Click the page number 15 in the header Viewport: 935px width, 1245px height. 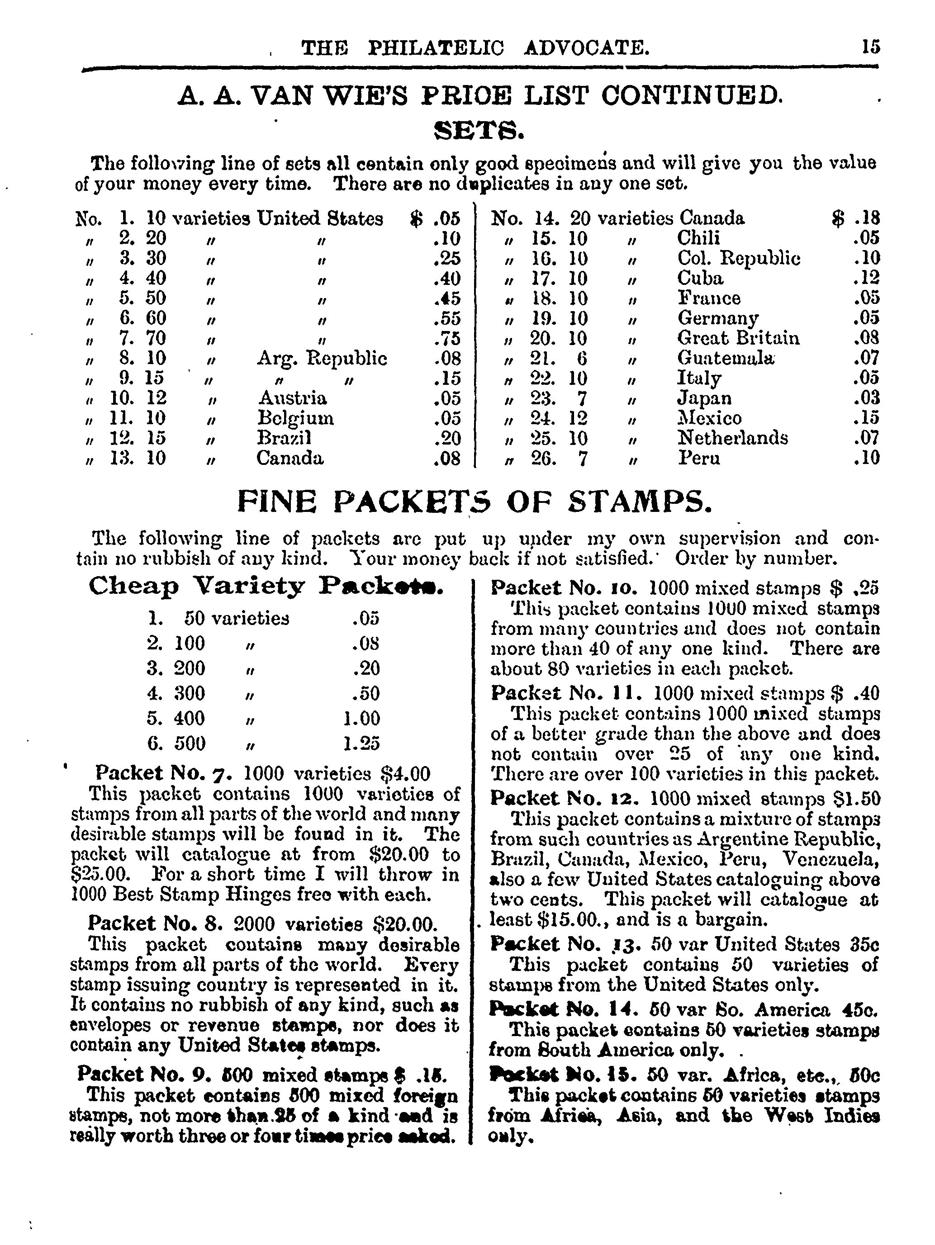pyautogui.click(x=870, y=46)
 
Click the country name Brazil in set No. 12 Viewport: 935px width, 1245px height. pyautogui.click(x=284, y=438)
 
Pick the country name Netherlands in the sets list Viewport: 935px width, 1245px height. pyautogui.click(x=732, y=438)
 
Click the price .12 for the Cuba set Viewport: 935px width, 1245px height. pyautogui.click(x=866, y=278)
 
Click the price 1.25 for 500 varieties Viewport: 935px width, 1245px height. pyautogui.click(x=361, y=743)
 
